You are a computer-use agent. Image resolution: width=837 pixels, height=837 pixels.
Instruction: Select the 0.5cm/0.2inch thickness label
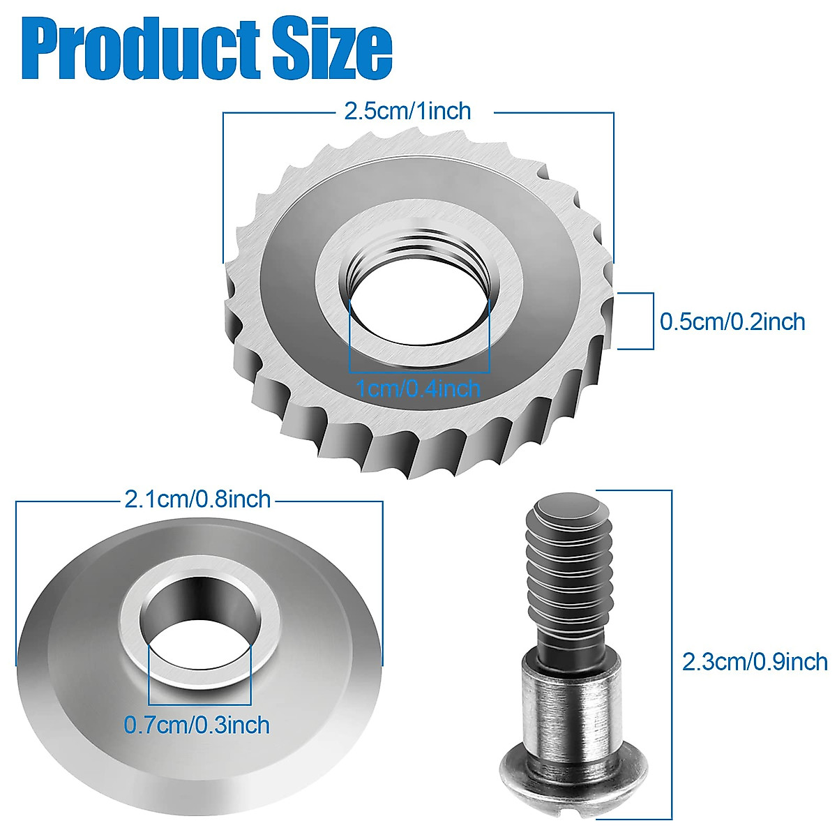732,322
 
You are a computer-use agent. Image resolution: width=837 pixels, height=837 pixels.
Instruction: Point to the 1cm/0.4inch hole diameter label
418,387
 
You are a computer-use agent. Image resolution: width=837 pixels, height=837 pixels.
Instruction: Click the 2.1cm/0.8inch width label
197,499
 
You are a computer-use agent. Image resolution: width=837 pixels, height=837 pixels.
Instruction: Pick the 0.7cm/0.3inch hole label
197,725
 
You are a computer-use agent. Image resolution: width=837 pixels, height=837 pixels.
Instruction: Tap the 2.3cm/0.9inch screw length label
755,661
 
